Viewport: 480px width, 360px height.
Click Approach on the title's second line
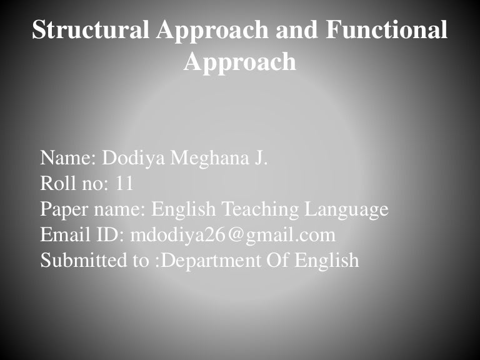click(240, 62)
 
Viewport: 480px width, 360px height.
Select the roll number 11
click(124, 184)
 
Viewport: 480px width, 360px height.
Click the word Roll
click(55, 184)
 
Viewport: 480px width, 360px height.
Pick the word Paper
click(61, 209)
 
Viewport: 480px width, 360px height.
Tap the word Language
click(346, 209)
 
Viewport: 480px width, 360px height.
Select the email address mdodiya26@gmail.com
click(233, 235)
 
